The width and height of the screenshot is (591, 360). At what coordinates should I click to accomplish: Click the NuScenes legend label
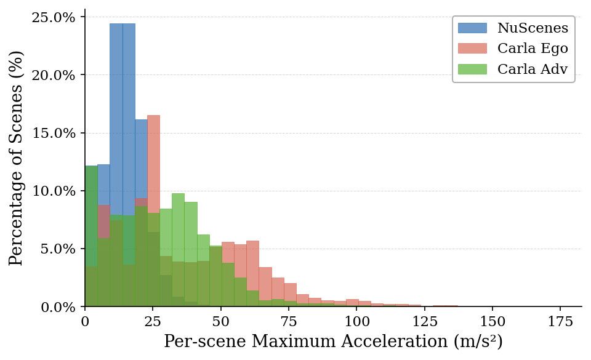pos(533,28)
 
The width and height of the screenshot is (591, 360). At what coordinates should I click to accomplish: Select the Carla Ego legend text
pos(533,49)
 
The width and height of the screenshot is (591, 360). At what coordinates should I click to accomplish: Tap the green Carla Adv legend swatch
pos(472,70)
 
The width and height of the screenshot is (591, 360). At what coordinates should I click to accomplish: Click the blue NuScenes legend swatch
pos(472,28)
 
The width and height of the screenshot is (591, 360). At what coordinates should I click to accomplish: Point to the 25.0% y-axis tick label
pos(54,17)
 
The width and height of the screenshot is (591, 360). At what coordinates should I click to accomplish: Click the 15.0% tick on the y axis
pos(54,133)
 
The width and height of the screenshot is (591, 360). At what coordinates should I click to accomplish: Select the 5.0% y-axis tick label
pos(57,249)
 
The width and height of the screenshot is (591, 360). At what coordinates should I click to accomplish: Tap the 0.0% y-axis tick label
pos(57,306)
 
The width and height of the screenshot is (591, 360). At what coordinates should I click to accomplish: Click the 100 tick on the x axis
pos(356,321)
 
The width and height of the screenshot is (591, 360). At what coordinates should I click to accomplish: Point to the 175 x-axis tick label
pos(560,321)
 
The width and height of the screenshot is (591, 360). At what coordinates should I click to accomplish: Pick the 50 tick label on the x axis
pos(221,321)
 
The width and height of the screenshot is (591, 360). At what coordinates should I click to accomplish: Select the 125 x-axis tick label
pos(425,321)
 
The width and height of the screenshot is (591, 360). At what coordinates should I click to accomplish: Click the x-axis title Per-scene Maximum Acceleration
pos(333,342)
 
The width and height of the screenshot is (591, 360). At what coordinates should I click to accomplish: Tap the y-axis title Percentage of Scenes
pos(17,158)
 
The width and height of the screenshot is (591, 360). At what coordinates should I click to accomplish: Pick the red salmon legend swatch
pos(472,49)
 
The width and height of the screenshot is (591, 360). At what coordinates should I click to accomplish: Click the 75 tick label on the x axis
pos(289,321)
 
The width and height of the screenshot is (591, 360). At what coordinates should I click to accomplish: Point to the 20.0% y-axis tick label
pos(54,75)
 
